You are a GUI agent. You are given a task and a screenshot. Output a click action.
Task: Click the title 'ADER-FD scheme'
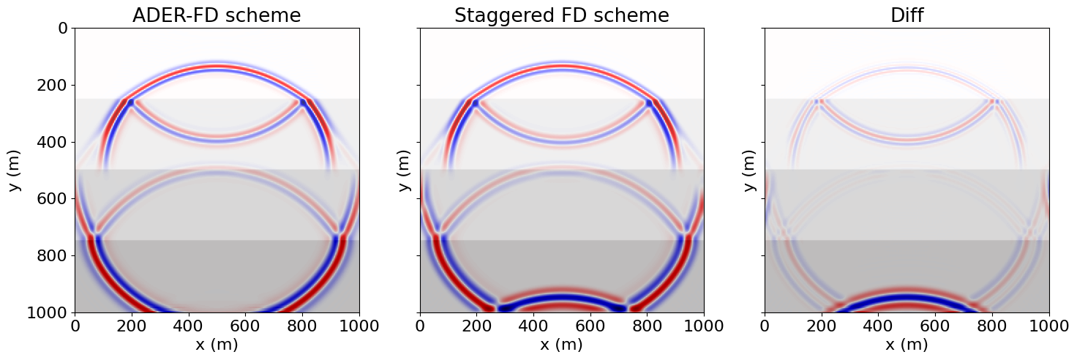tap(217, 15)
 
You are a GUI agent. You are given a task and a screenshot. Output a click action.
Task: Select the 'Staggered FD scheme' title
tap(562, 15)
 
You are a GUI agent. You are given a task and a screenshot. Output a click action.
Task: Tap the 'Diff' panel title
tap(907, 15)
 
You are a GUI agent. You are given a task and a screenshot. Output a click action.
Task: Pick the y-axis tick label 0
tap(62, 29)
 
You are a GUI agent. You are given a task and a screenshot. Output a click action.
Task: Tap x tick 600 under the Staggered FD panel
tap(590, 326)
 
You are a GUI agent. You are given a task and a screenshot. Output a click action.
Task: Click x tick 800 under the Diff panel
tap(992, 326)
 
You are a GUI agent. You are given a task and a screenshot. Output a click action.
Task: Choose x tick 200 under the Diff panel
tap(822, 326)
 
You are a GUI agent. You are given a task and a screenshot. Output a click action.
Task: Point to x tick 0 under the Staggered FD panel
tap(420, 326)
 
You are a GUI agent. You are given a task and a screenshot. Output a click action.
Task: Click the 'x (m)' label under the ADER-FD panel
tap(217, 345)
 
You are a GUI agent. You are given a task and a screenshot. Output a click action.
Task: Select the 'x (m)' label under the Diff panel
tap(907, 345)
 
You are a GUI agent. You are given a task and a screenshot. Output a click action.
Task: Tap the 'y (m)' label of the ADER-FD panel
tap(15, 170)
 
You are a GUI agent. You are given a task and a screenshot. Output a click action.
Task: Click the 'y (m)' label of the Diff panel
tap(750, 170)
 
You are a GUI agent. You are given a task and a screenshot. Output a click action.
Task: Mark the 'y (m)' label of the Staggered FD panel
tap(405, 170)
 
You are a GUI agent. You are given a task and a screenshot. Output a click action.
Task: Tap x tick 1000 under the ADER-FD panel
tap(359, 326)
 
